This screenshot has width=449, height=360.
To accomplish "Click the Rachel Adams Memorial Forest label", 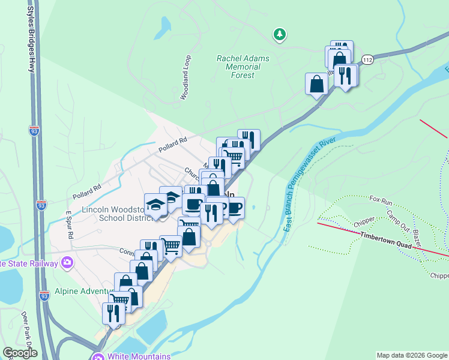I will tap(243, 67).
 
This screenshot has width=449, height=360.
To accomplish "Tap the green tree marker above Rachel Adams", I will tap(279, 35).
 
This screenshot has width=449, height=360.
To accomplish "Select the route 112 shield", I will tap(368, 60).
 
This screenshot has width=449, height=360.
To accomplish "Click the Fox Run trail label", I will tap(380, 199).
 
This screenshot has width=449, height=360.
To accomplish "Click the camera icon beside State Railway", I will tap(67, 262).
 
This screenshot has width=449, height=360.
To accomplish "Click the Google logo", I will tap(20, 353).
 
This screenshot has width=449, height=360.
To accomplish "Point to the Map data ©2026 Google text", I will tap(412, 355).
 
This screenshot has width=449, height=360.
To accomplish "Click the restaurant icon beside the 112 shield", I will tap(345, 76).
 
